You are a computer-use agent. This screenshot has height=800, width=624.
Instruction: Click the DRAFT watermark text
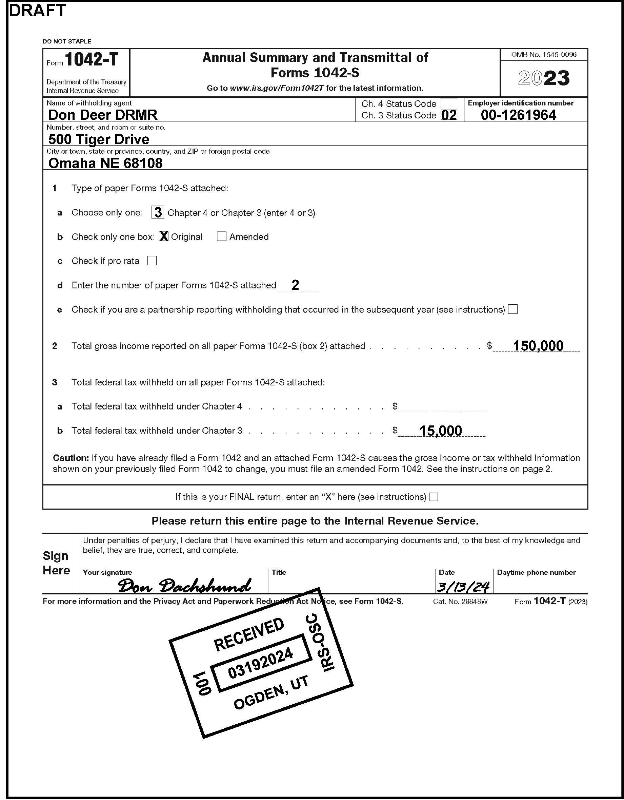click(x=37, y=11)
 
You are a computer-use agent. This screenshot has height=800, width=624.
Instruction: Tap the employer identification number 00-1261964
click(x=518, y=115)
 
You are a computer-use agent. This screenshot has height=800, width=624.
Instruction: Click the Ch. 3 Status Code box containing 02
click(x=449, y=115)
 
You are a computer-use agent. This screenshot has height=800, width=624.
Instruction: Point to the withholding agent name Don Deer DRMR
click(x=103, y=115)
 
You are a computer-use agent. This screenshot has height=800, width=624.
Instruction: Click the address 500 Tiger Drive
click(x=99, y=139)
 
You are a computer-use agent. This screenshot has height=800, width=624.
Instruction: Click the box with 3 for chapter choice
click(x=158, y=212)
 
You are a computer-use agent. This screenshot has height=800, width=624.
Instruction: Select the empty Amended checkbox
click(x=221, y=236)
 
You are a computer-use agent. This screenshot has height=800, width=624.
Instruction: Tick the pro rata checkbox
click(x=152, y=261)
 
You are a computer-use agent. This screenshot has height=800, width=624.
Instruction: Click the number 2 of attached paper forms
click(x=295, y=285)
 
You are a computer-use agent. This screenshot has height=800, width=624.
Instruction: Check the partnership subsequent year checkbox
click(x=513, y=309)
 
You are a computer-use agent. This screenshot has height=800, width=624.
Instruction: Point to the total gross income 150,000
click(x=538, y=345)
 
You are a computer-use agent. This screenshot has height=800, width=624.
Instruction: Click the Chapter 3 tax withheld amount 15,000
click(x=440, y=431)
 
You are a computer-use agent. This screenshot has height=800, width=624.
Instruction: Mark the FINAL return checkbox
click(x=434, y=497)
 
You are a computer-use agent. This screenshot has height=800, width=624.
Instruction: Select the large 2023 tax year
click(x=544, y=78)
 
